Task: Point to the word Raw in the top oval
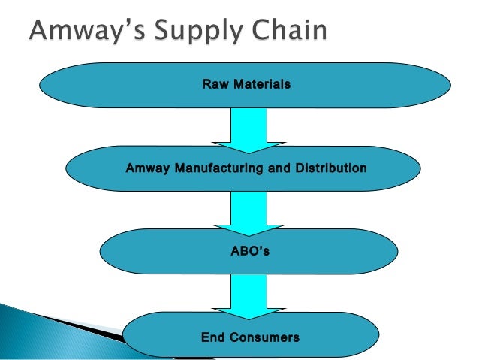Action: [x=215, y=86]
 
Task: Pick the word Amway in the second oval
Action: [x=148, y=168]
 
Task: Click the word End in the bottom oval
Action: [x=214, y=338]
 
